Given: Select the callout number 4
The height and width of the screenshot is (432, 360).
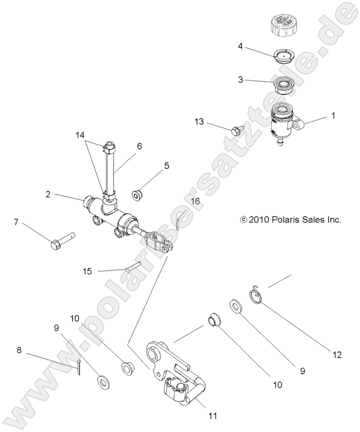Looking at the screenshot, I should pos(241,46).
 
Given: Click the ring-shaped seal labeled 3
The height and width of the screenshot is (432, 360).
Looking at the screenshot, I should pos(283,87).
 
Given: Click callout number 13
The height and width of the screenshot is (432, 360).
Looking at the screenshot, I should pos(199,122).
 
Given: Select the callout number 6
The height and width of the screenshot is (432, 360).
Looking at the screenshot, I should pos(139,146).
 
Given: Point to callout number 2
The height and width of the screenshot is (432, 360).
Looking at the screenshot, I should pos(49,194).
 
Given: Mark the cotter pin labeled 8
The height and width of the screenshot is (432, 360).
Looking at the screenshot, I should pos(79,368).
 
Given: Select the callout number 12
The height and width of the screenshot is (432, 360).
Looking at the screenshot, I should pos(337,355).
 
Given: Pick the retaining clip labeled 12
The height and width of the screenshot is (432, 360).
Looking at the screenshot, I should pos(258,296).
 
